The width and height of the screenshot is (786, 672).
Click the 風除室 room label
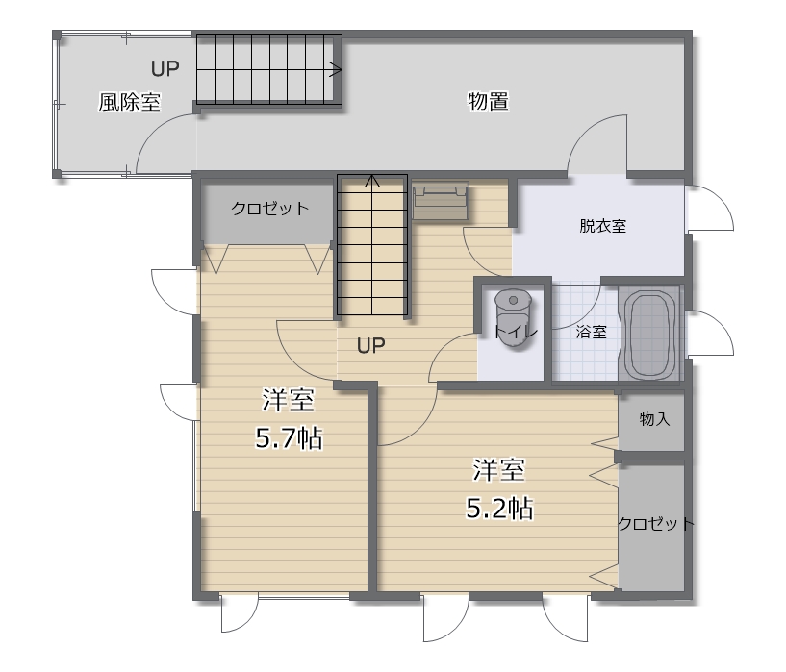[x=129, y=102]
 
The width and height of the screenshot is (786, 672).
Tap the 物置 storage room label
[x=488, y=101]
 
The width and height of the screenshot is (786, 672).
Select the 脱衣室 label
[x=602, y=226]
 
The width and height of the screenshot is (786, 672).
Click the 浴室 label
[x=591, y=332]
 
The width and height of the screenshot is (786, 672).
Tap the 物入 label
[x=654, y=418]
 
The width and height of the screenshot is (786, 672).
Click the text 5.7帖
[x=289, y=438]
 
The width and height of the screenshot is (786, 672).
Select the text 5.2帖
[x=499, y=509]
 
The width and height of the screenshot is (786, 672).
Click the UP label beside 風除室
[x=165, y=68]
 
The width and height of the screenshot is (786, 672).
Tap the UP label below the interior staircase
[x=371, y=345]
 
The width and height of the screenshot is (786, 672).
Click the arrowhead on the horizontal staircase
[x=337, y=69]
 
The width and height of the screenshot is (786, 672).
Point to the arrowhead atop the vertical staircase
[x=372, y=181]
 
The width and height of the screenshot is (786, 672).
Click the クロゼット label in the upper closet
[x=269, y=209]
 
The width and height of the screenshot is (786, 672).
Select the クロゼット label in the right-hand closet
[x=655, y=524]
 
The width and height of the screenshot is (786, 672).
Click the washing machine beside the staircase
[x=441, y=200]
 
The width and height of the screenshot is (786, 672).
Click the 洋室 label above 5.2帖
[x=498, y=470]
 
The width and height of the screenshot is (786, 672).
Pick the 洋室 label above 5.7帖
[x=289, y=400]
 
